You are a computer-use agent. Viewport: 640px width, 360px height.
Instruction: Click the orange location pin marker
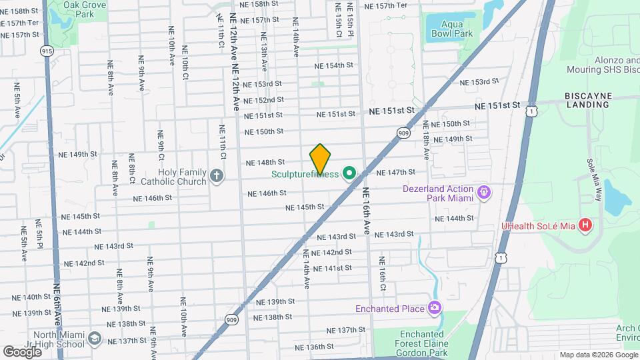[321, 159]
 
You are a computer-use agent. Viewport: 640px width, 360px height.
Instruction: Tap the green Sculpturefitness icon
[347, 175]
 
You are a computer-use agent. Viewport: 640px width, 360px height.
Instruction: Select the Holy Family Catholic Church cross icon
[216, 175]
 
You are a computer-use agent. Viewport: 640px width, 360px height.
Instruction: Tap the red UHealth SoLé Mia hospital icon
[585, 225]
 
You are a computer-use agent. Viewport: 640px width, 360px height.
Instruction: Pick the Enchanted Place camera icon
[435, 308]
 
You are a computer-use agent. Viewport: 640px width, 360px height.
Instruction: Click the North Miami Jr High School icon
[94, 339]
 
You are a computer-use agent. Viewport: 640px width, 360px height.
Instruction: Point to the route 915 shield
[46, 51]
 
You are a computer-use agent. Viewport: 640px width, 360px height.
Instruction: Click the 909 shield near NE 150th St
[404, 133]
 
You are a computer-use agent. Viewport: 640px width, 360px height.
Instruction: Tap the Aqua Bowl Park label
[457, 29]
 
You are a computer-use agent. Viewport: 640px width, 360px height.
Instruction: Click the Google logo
[22, 351]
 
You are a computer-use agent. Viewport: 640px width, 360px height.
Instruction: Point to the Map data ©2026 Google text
[597, 355]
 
